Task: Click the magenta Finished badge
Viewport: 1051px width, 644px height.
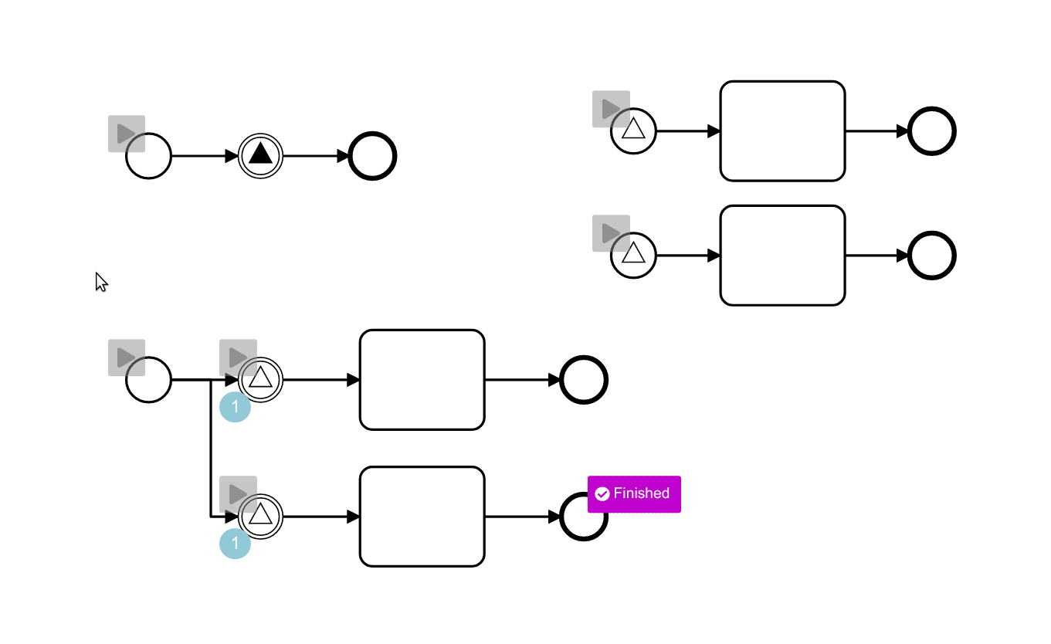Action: [634, 494]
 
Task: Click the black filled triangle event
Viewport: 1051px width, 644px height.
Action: [261, 156]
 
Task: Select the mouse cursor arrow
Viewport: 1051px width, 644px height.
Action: [100, 282]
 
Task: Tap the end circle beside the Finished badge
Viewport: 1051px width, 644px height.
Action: [583, 518]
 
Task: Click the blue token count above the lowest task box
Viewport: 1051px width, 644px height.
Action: [236, 544]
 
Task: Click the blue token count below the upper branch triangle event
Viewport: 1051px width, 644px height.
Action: [236, 408]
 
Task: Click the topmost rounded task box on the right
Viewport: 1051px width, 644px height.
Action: [782, 131]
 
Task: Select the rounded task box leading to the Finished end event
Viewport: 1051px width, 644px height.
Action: [422, 517]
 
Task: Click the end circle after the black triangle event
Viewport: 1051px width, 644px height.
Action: [373, 156]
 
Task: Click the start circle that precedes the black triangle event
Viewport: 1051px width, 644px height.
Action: [148, 156]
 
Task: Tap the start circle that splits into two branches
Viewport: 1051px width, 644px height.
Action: [148, 380]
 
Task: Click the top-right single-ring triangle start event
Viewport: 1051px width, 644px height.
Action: [633, 131]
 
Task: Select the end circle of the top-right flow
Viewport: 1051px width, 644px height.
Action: [932, 131]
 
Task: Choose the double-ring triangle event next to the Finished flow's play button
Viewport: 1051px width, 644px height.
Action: [261, 517]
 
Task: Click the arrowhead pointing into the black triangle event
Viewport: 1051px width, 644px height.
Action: [231, 156]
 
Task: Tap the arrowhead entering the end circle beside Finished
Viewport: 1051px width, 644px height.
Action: [554, 517]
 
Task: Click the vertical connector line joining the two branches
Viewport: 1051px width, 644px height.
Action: [211, 448]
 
